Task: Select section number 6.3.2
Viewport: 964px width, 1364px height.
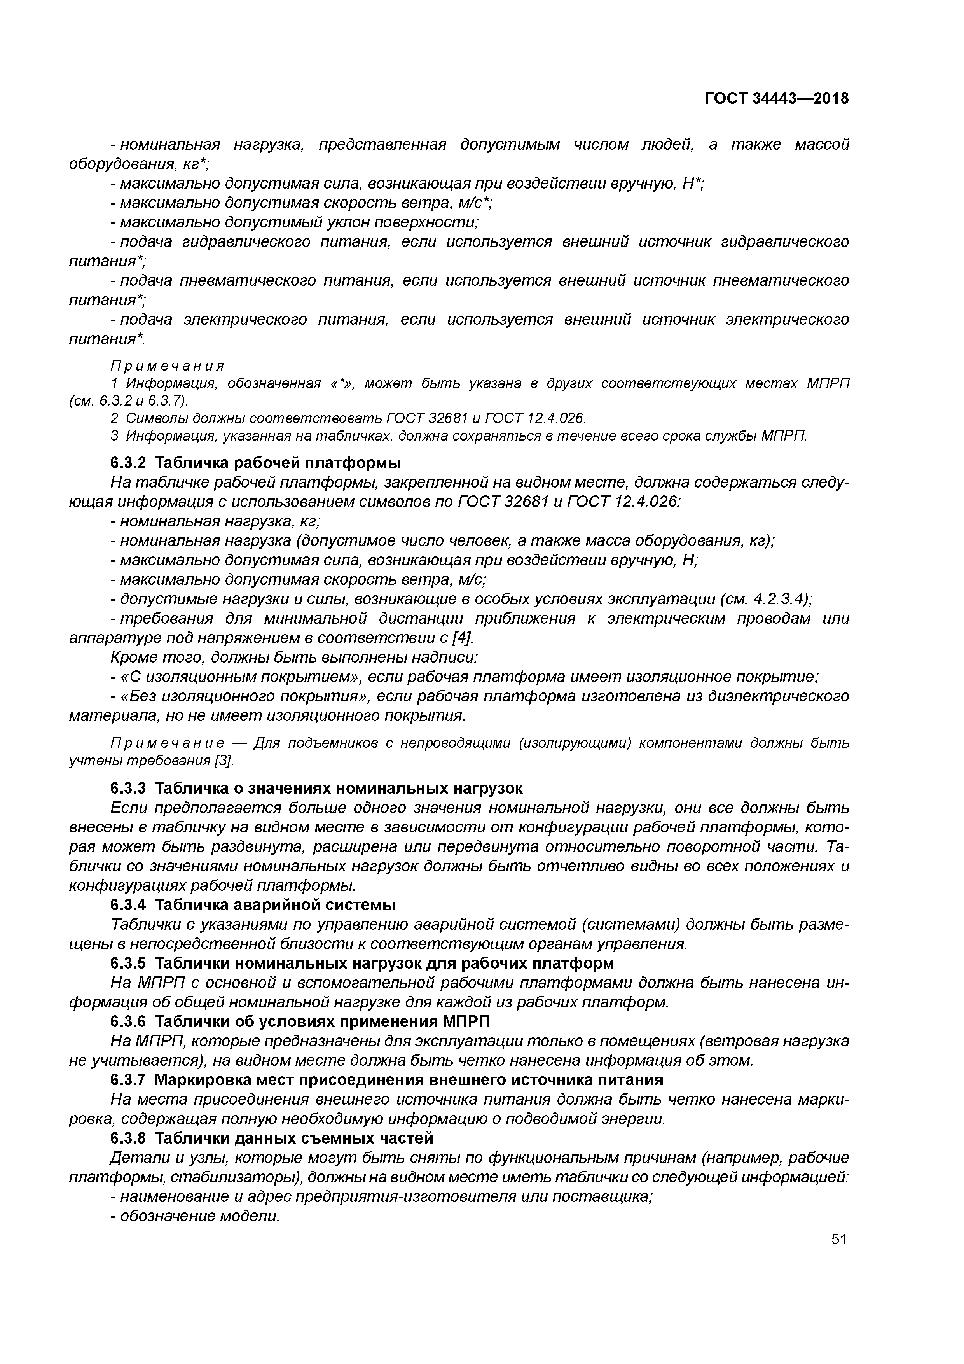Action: tap(128, 463)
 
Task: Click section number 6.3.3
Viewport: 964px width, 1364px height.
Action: tap(128, 788)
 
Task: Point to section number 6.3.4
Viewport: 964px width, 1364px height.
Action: tap(128, 905)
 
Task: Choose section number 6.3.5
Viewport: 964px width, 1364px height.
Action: tap(128, 962)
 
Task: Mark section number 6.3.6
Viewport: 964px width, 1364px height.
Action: tap(128, 1021)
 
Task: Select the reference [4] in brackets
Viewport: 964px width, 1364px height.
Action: tap(463, 638)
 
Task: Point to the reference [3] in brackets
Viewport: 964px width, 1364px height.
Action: tap(225, 761)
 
